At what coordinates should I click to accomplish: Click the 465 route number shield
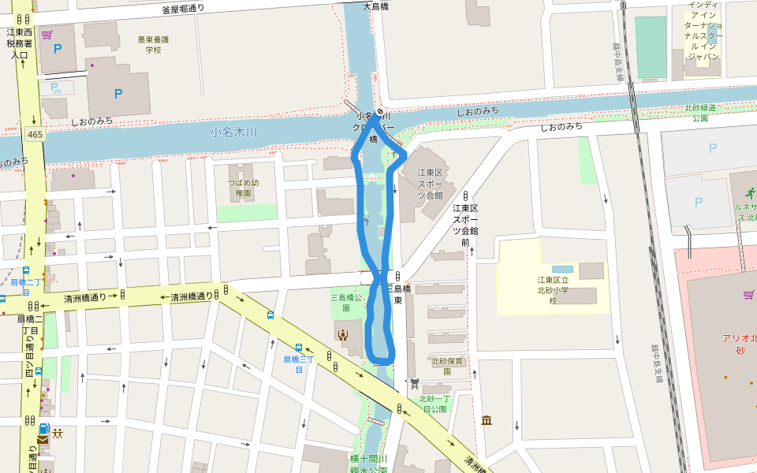pos(35,135)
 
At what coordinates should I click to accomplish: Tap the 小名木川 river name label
pos(234,132)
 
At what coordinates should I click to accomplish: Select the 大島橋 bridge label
pos(377,6)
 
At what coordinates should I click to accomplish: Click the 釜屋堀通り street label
pos(183,9)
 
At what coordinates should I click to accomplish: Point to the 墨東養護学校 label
pos(153,44)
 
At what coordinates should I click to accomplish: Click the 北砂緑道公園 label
pos(700,113)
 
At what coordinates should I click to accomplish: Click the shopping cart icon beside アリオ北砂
pos(748,295)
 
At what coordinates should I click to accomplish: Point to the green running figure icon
pos(745,192)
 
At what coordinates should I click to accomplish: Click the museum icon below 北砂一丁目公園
pos(487,420)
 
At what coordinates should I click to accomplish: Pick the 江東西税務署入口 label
pos(20,44)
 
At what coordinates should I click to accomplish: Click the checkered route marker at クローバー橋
pos(379,112)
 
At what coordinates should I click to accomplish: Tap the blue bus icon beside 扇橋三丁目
pos(299,348)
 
